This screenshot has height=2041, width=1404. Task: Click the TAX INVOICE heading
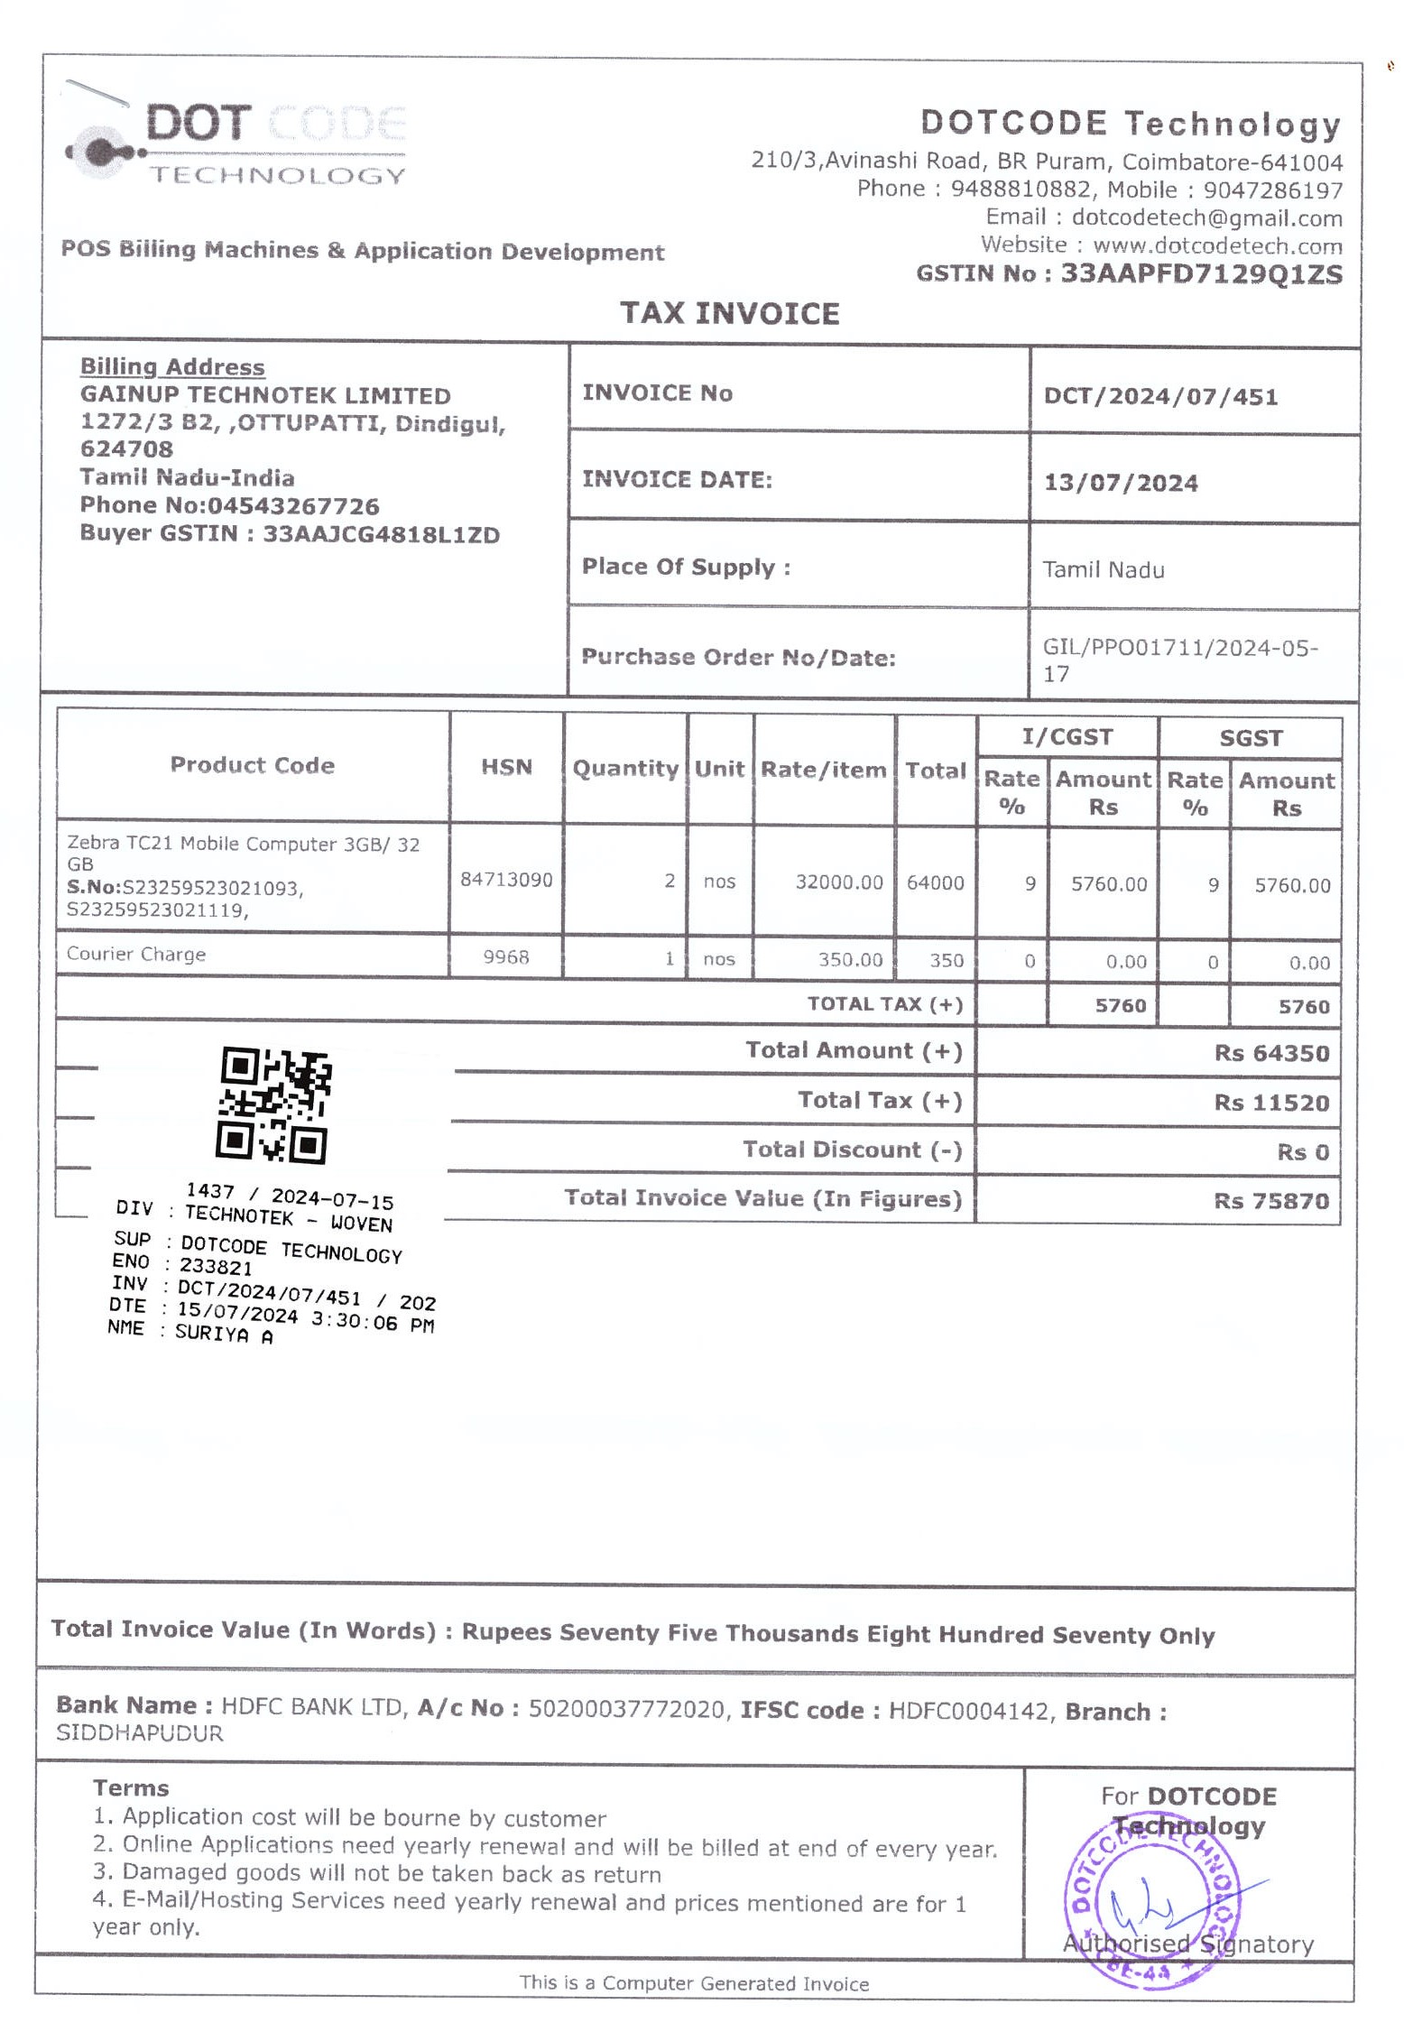(729, 313)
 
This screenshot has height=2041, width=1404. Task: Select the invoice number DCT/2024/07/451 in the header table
(1160, 397)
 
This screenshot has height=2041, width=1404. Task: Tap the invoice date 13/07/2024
(1121, 483)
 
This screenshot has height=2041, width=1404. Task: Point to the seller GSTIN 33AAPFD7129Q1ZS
(1201, 274)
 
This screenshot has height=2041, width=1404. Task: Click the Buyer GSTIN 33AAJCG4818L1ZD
(381, 534)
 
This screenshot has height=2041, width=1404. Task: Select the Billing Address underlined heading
(172, 366)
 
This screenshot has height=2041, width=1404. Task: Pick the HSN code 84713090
(506, 880)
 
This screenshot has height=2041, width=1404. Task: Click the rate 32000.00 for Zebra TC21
(838, 882)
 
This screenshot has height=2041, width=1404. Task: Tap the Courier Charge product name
(136, 954)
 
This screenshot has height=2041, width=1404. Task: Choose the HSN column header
(506, 767)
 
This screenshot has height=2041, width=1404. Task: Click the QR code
(273, 1104)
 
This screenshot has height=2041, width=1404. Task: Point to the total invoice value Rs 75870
(1270, 1201)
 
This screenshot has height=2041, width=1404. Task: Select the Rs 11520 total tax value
(1270, 1103)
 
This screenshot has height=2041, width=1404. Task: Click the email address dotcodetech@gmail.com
(1206, 217)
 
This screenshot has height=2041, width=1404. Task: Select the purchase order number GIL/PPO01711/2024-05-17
(1180, 660)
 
